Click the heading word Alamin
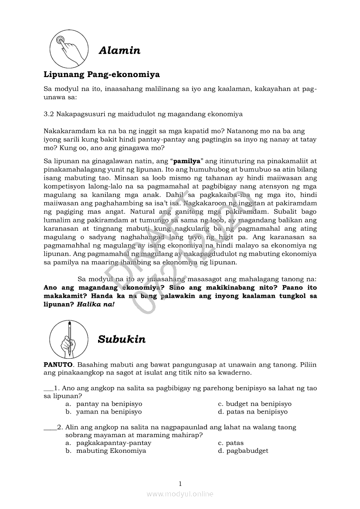tap(119, 51)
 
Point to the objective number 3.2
tap(49, 114)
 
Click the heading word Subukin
tap(122, 339)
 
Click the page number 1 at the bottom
tap(180, 483)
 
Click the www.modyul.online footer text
tap(180, 494)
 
